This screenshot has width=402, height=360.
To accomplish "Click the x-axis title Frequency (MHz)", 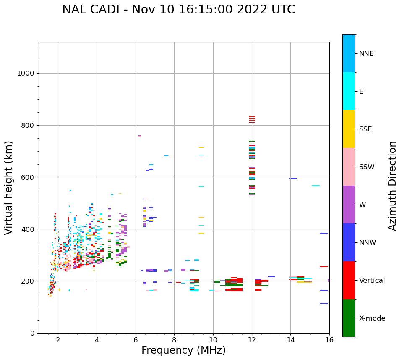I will coord(183,350).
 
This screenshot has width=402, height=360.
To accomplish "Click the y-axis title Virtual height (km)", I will coord(9,187).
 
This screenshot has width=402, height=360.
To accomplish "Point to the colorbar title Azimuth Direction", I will coord(392,186).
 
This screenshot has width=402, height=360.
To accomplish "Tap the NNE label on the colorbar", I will coord(366,54).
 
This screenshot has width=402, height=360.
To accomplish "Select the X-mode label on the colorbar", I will coord(372,318).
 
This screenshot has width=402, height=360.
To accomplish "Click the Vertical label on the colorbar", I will coord(372,281).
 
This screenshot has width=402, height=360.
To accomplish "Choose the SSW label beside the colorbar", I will coord(367,167).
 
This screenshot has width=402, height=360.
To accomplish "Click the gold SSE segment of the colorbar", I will coord(349,129).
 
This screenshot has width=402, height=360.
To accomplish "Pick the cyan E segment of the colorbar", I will coord(349,91).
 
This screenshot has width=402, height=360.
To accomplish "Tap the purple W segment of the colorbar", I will coord(349,205).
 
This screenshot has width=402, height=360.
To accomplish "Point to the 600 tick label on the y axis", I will coord(27,177).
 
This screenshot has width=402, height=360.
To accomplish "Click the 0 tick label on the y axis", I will coord(32,333).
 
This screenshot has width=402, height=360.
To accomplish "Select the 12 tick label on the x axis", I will coord(252,340).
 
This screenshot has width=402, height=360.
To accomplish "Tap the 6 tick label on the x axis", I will coord(136,340).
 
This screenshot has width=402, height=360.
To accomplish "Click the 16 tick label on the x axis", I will coord(329,340).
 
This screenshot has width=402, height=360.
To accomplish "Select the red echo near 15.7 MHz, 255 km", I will coord(324,267).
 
